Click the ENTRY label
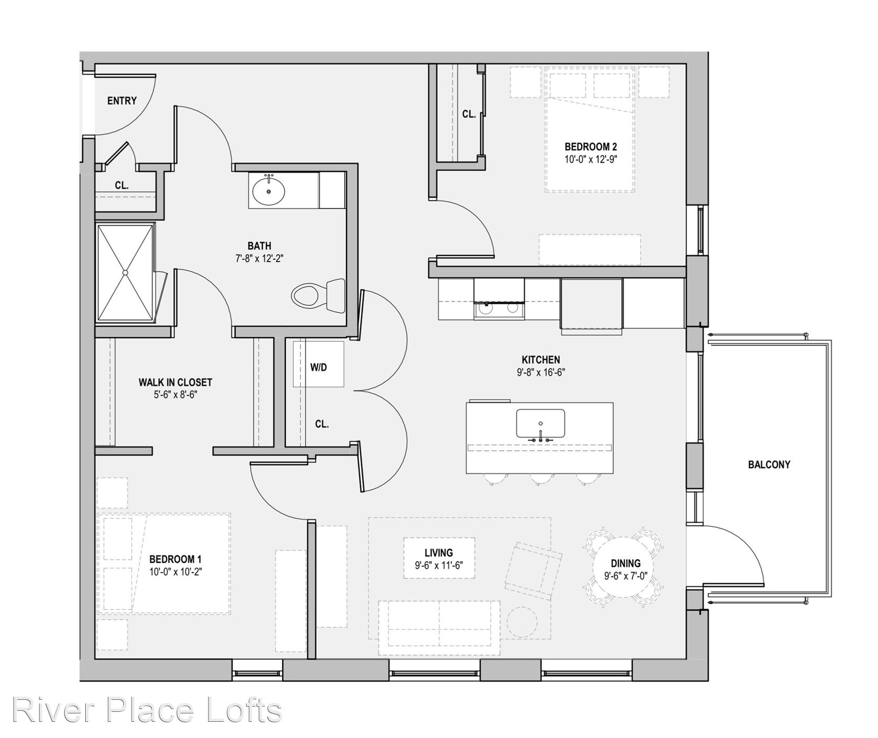point(122,101)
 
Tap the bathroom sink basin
point(269,191)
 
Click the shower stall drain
point(125,272)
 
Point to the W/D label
point(318,367)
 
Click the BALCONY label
point(769,464)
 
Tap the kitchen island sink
point(540,423)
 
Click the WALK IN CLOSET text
point(175,383)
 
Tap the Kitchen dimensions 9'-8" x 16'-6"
point(541,373)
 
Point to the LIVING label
point(438,552)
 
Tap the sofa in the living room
point(439,628)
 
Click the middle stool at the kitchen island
point(541,479)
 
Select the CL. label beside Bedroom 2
point(469,114)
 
